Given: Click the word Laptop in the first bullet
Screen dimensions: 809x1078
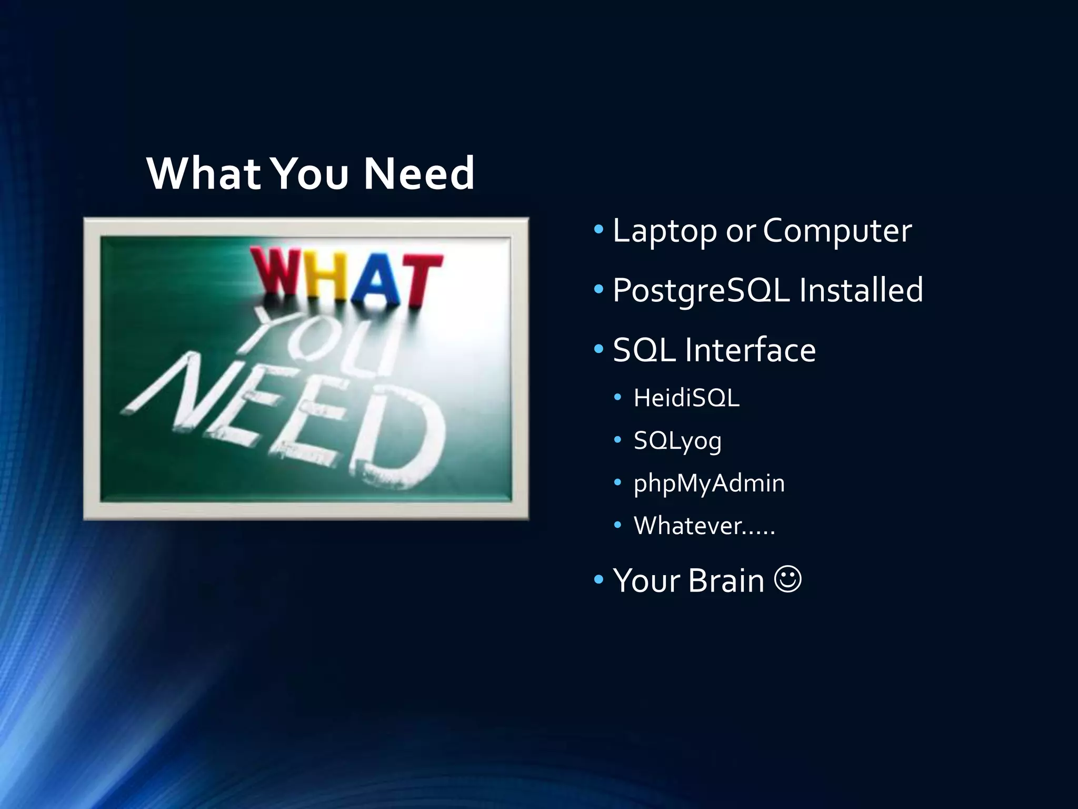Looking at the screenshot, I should pos(664,231).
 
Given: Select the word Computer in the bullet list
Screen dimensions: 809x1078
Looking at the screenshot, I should pos(837,231).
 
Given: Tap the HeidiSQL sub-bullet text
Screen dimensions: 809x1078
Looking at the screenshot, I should pos(686,398).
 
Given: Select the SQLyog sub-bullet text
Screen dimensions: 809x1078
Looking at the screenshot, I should pos(677,441).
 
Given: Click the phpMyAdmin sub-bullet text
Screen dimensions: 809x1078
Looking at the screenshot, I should pos(709,484).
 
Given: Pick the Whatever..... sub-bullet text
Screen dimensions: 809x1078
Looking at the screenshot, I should pos(704,526).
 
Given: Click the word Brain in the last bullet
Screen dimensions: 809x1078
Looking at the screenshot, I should pos(726,580).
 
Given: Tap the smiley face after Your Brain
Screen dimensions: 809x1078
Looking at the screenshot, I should pos(788,579).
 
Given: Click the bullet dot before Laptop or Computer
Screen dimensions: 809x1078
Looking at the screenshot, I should pos(598,229).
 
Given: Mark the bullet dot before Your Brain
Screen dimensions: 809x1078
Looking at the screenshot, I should pos(598,580).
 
